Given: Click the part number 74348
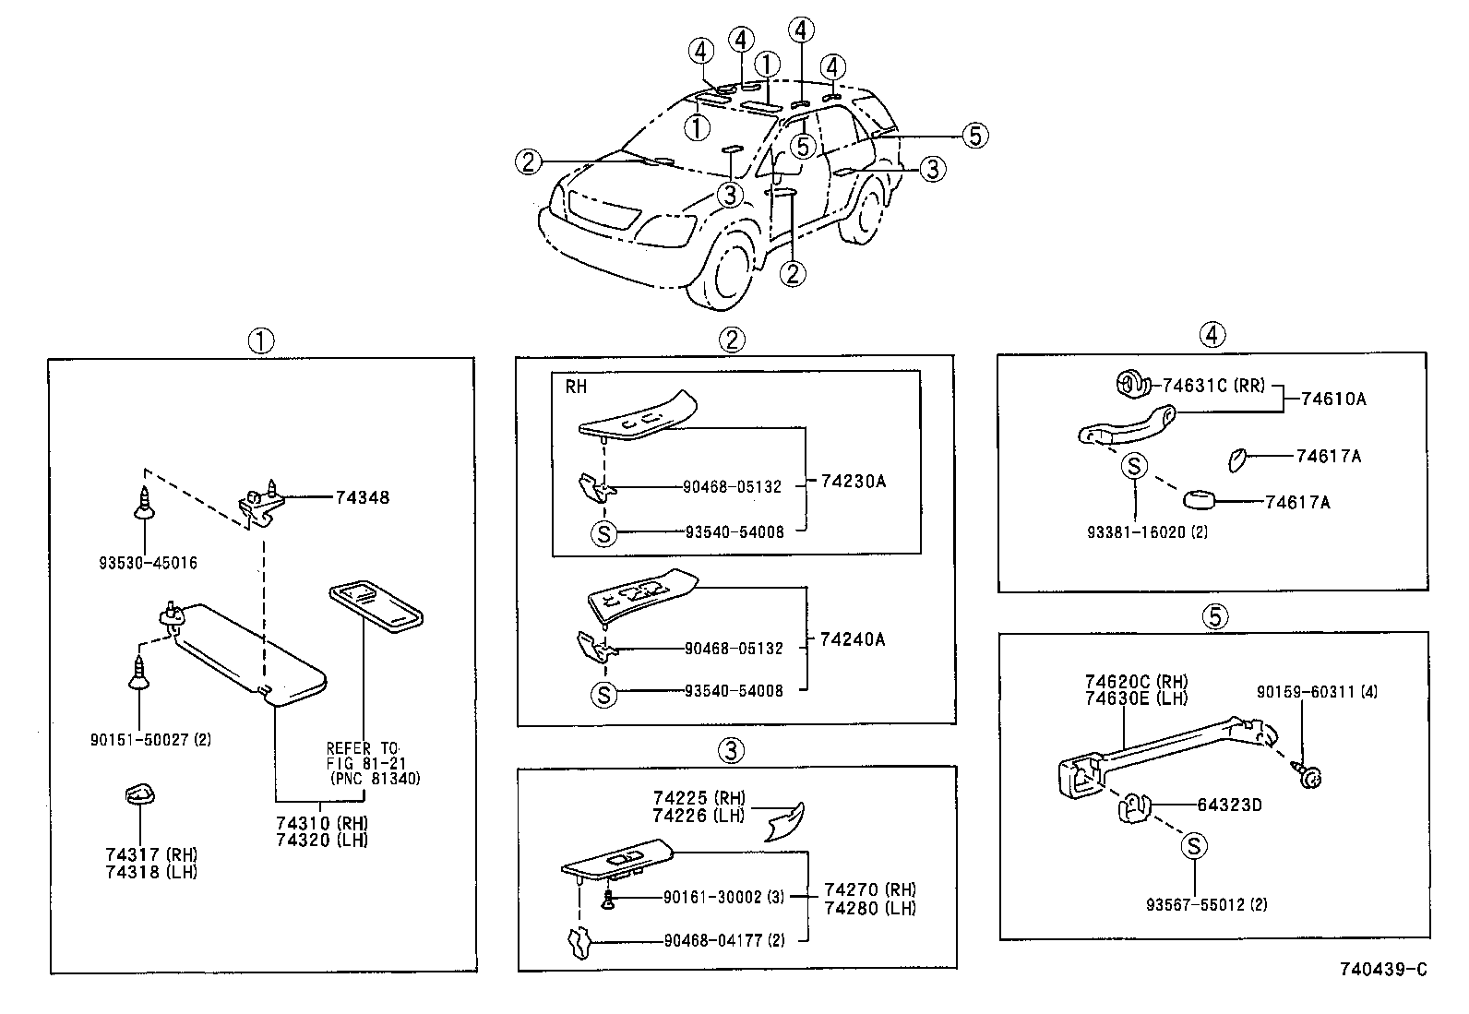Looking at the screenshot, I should click(362, 497).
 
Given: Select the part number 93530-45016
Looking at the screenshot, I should click(149, 562).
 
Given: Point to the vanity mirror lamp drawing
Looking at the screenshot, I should click(376, 606).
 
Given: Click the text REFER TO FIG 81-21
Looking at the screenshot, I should click(363, 756).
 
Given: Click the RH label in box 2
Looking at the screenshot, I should click(576, 387).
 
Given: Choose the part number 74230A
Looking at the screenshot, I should click(853, 481).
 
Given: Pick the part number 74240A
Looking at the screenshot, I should click(853, 639).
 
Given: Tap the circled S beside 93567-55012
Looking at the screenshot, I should click(1193, 845).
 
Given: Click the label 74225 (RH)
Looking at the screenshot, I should click(699, 798).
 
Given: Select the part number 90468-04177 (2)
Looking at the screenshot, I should click(724, 940).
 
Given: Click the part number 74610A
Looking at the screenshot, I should click(1333, 399).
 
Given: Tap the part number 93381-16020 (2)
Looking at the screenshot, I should click(1147, 531).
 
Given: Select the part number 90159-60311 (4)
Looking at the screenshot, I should click(1317, 691).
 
